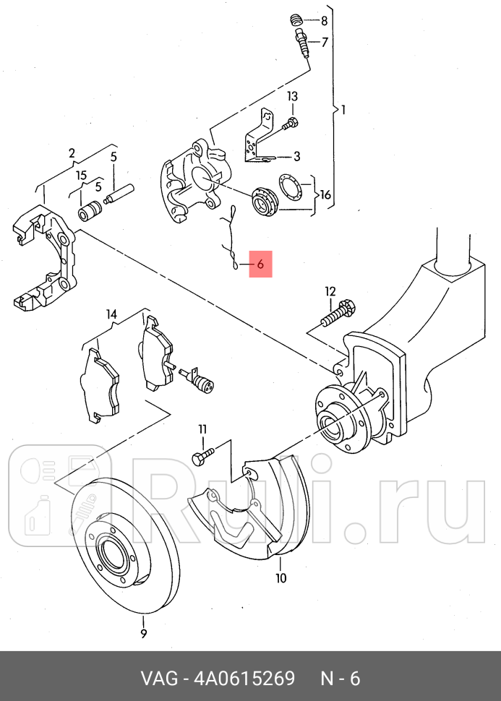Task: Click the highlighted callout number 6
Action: tap(260, 265)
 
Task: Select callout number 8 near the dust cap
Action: tap(324, 20)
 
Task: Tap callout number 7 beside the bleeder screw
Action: tap(325, 43)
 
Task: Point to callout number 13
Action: tap(292, 96)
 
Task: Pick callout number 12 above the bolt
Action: tap(330, 291)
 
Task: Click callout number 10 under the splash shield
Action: tap(281, 577)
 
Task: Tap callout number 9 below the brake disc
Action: tap(143, 634)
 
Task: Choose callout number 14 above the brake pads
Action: tap(111, 314)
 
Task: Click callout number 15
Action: tap(82, 176)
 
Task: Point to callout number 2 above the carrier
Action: tap(72, 153)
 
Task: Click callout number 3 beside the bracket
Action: tap(296, 156)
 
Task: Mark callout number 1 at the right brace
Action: tap(343, 111)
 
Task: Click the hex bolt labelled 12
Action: tap(341, 311)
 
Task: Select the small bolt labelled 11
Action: tap(200, 457)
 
